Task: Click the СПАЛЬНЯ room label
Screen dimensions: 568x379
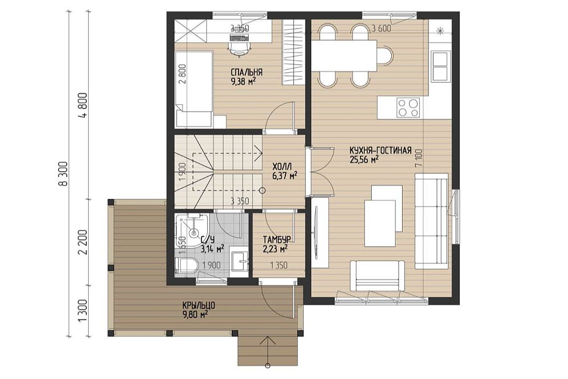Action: pyautogui.click(x=247, y=72)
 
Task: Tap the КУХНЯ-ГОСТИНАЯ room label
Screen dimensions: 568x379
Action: pyautogui.click(x=380, y=150)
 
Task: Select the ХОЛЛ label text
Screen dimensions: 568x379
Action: pyautogui.click(x=282, y=167)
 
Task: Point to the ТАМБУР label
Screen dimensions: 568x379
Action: pyautogui.click(x=277, y=240)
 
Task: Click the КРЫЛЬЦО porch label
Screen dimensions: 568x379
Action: pyautogui.click(x=196, y=306)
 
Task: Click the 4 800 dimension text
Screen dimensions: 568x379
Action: pyautogui.click(x=84, y=105)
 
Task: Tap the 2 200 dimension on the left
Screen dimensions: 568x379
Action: pyautogui.click(x=84, y=242)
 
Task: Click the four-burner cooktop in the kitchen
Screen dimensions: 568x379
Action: pyautogui.click(x=408, y=108)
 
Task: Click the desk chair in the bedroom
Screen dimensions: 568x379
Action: pyautogui.click(x=240, y=48)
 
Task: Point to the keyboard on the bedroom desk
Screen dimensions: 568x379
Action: pyautogui.click(x=239, y=37)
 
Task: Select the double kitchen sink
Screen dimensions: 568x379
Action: pyautogui.click(x=440, y=67)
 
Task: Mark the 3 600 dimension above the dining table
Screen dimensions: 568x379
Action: pyautogui.click(x=382, y=28)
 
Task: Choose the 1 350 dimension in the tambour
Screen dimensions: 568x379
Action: pyautogui.click(x=279, y=266)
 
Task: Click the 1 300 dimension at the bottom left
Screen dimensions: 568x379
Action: pyautogui.click(x=84, y=310)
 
